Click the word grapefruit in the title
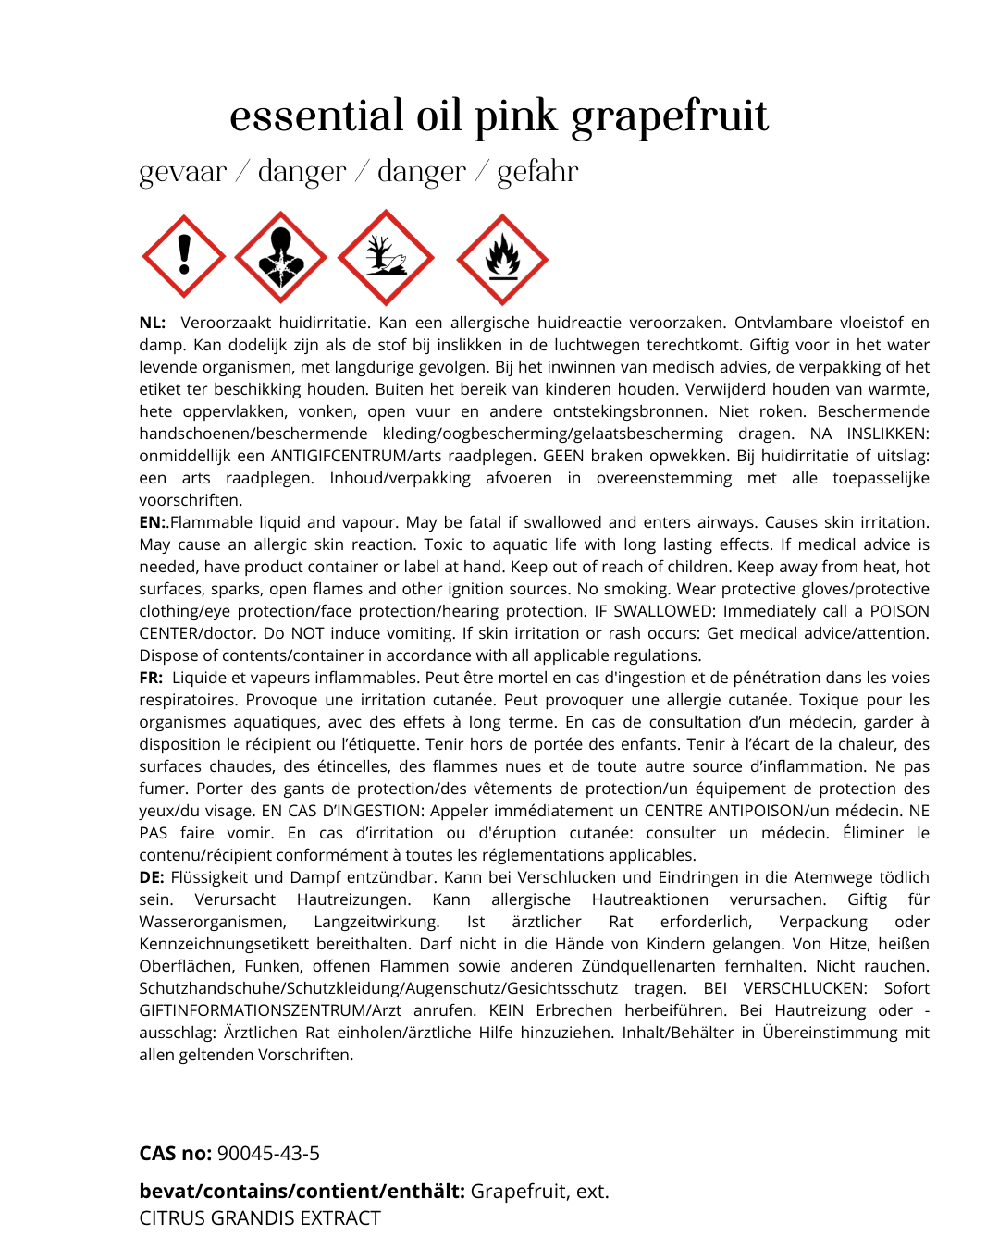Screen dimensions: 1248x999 [x=669, y=117]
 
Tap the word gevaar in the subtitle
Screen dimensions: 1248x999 [x=182, y=172]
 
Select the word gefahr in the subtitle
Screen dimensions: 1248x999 [x=537, y=172]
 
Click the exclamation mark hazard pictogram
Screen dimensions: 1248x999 [x=184, y=256]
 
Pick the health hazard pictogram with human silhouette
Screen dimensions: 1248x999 [x=280, y=257]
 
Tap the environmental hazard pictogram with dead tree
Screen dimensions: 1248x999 [x=386, y=257]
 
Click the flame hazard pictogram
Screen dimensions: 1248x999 [x=502, y=260]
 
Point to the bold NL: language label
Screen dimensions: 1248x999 [x=153, y=323]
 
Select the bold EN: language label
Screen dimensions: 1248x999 [x=153, y=522]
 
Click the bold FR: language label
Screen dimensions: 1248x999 [x=151, y=678]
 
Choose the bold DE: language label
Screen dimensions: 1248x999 [x=152, y=877]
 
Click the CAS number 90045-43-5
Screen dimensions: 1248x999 [x=268, y=1154]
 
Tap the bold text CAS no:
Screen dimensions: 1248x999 [x=176, y=1154]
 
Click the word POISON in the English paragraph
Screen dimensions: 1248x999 [x=898, y=611]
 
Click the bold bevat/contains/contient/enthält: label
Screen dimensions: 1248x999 [x=302, y=1192]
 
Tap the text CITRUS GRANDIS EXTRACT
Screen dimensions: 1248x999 [x=260, y=1218]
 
